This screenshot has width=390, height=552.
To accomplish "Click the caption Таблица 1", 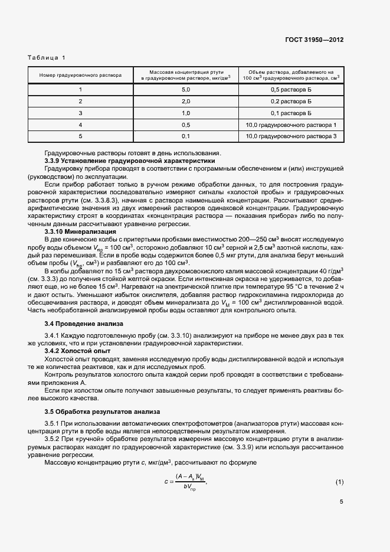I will coord(47,58).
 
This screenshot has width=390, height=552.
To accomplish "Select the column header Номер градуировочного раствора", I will coord(80,75).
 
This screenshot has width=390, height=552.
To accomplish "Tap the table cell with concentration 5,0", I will coord(186,89).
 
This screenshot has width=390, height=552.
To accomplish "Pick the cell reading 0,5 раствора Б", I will coord(291,89).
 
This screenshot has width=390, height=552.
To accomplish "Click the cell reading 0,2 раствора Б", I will coord(291,101).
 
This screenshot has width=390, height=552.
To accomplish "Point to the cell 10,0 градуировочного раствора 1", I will coord(291,125).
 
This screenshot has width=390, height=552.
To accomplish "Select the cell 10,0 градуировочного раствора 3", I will coord(291,136).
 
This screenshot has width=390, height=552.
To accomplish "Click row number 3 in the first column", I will coord(80,113).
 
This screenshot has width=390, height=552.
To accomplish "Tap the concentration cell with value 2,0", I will coord(186,101).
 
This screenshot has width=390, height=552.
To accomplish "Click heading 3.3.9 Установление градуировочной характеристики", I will coord(130,161).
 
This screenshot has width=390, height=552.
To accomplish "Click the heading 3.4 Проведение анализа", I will coord(84,324).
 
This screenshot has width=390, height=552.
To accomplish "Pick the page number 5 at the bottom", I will coord(341,520).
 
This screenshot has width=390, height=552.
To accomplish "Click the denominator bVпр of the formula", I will coord(191,488).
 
